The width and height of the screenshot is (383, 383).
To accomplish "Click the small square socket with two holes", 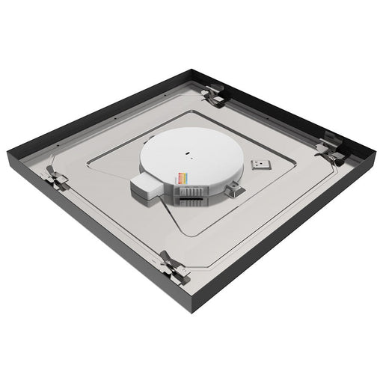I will click(263, 161).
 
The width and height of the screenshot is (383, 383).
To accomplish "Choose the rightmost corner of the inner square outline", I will click(293, 161).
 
